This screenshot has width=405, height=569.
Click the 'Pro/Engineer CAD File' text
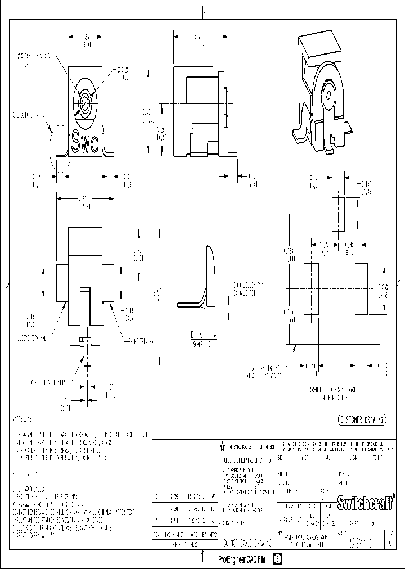tap(242, 559)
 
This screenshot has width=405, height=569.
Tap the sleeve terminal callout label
tap(31, 338)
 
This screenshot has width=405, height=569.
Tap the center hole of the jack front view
tap(85, 103)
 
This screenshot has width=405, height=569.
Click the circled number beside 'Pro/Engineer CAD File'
tap(278, 559)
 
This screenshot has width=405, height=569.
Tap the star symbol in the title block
tap(223, 446)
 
